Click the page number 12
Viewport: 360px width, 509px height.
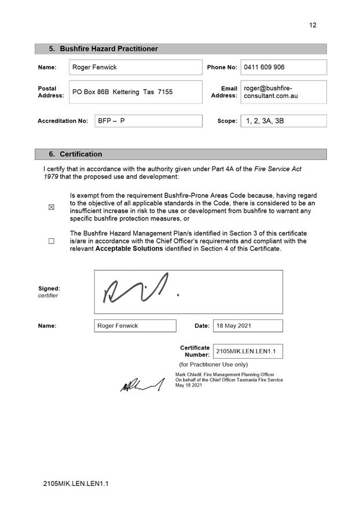pyautogui.click(x=313, y=25)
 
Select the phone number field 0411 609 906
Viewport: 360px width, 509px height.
pyautogui.click(x=283, y=67)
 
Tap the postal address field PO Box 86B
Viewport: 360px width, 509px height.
pyautogui.click(x=135, y=92)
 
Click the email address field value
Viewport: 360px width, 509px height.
pyautogui.click(x=283, y=92)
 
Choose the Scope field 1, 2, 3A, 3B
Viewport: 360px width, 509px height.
pyautogui.click(x=283, y=121)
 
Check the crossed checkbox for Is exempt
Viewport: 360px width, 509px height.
pyautogui.click(x=52, y=208)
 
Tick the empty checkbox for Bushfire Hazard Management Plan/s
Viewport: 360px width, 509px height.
pyautogui.click(x=52, y=241)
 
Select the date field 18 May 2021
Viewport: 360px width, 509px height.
pyautogui.click(x=248, y=326)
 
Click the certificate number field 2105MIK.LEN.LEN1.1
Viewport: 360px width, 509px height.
pyautogui.click(x=248, y=351)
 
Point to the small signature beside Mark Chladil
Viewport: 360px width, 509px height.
pyautogui.click(x=141, y=384)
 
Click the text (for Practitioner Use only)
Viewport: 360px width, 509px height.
pyautogui.click(x=213, y=364)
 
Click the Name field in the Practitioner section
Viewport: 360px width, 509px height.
pyautogui.click(x=135, y=67)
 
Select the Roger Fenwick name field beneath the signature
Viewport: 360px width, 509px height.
pyautogui.click(x=135, y=326)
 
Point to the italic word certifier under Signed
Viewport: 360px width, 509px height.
pyautogui.click(x=48, y=296)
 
